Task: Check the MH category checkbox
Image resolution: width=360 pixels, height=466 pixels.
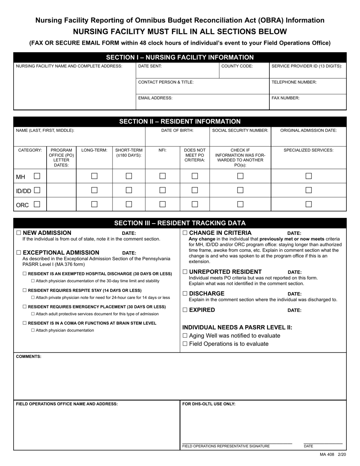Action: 37,176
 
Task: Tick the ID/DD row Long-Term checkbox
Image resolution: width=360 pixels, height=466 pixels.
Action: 94,190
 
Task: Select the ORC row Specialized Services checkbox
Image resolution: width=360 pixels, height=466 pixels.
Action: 308,204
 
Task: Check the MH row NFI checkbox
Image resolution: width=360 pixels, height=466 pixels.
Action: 163,176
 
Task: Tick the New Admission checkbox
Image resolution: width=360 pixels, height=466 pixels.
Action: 19,233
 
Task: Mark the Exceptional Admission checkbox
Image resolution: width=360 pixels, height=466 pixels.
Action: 19,253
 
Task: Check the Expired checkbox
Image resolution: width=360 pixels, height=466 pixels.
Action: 185,310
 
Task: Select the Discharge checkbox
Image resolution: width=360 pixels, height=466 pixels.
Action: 185,294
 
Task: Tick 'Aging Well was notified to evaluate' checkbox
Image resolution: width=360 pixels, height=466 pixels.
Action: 185,336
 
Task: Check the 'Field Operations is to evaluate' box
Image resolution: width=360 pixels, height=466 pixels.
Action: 185,344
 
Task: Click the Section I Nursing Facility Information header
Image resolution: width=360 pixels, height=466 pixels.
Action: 180,58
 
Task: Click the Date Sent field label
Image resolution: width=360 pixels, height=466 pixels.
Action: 150,66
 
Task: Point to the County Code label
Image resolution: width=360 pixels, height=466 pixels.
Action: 237,66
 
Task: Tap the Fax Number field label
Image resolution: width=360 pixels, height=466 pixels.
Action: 285,98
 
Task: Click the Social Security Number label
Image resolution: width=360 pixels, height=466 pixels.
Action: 240,130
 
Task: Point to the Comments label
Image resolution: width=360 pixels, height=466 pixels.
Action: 28,357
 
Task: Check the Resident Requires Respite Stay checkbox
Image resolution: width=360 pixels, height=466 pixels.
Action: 25,290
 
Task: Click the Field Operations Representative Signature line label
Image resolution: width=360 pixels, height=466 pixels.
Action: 226,446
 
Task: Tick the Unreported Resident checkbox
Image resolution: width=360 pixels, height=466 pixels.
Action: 185,272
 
